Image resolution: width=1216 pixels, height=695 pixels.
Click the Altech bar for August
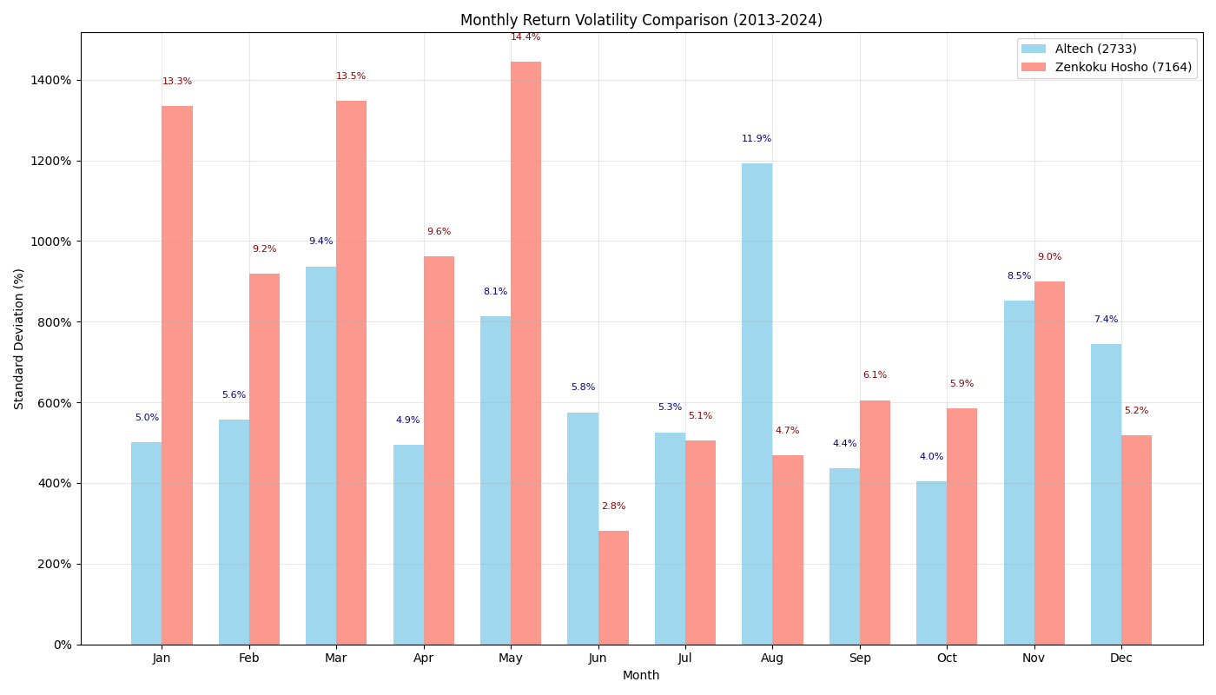click(x=757, y=404)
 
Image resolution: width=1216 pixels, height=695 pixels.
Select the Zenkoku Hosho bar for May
click(x=525, y=353)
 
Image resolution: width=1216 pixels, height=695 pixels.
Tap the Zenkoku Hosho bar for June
click(x=613, y=587)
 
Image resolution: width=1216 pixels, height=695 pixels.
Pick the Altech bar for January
click(x=146, y=543)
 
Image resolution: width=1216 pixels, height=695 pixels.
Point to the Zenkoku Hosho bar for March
click(x=351, y=373)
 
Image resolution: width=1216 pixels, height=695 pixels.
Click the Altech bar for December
click(x=1106, y=494)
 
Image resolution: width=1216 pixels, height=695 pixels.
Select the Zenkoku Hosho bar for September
click(x=875, y=522)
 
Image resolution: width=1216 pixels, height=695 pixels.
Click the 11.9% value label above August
click(x=757, y=139)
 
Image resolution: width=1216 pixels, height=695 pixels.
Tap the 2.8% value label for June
click(x=613, y=506)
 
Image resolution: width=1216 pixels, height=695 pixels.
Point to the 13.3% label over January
click(x=177, y=82)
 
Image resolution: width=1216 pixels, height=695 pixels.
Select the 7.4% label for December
click(x=1106, y=320)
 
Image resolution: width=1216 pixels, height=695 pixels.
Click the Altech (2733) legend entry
click(x=1095, y=50)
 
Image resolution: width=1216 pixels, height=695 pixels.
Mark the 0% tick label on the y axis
click(x=63, y=645)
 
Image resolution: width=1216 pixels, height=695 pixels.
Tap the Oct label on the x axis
click(x=947, y=659)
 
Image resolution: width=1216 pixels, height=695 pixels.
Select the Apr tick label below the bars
click(x=424, y=659)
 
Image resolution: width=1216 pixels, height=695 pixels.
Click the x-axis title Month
click(x=641, y=676)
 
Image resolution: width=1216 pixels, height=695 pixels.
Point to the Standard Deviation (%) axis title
click(x=19, y=339)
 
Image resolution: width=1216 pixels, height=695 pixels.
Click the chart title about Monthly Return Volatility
click(x=641, y=20)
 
